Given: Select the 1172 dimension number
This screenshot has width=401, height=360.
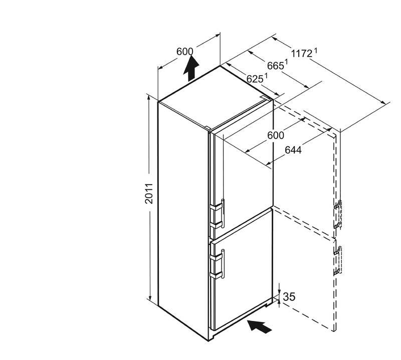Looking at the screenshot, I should (302, 53).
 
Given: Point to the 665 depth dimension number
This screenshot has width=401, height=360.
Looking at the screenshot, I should (275, 66).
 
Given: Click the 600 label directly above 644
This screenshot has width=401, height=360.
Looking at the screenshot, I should (275, 136).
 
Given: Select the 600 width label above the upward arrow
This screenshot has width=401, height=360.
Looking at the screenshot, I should (185, 51).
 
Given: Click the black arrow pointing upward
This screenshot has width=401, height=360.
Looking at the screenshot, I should (190, 69).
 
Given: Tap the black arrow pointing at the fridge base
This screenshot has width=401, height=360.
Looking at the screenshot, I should (261, 326).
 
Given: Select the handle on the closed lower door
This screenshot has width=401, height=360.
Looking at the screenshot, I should (220, 263).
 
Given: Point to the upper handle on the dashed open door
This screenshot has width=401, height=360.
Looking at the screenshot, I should (338, 214).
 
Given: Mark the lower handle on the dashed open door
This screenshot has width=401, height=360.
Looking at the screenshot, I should (338, 261).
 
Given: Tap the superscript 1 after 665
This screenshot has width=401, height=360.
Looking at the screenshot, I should (286, 63).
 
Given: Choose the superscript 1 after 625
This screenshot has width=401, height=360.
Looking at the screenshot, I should (266, 75).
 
